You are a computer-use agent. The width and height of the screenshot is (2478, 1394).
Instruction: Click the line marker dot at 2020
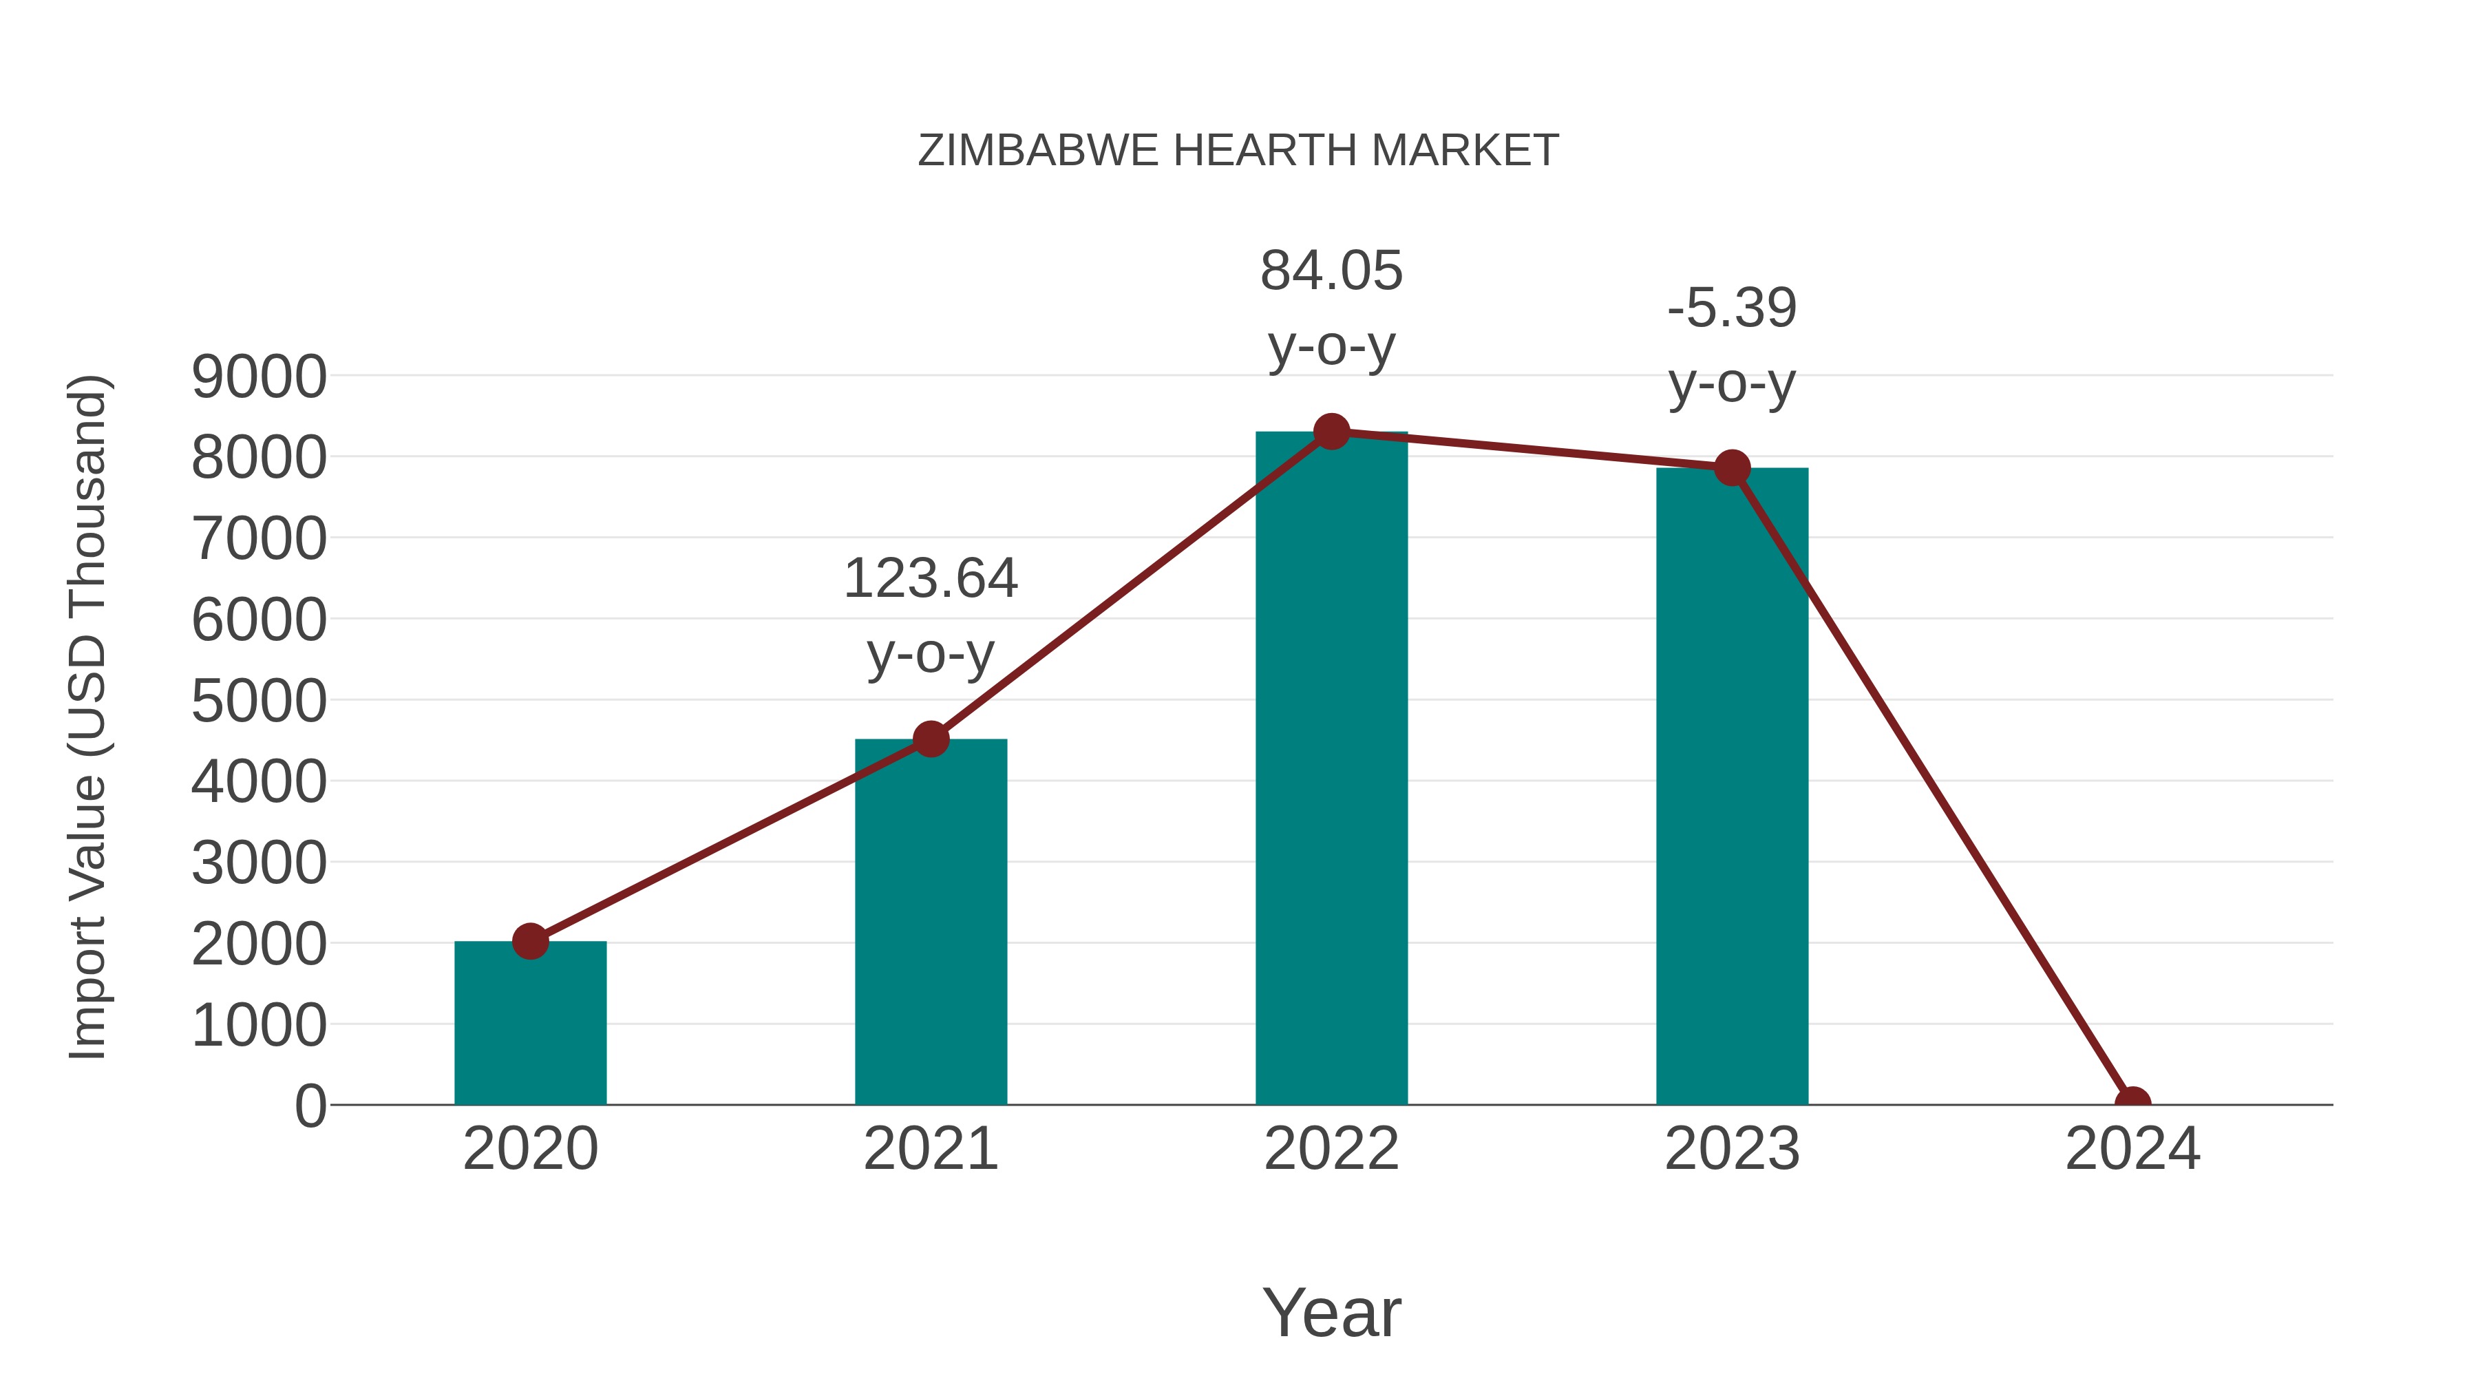(530, 941)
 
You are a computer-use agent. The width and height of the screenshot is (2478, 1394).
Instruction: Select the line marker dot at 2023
(1732, 469)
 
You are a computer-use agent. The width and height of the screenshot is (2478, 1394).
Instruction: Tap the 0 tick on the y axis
(310, 1106)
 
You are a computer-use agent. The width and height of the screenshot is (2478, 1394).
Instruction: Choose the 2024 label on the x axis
(2132, 1149)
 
